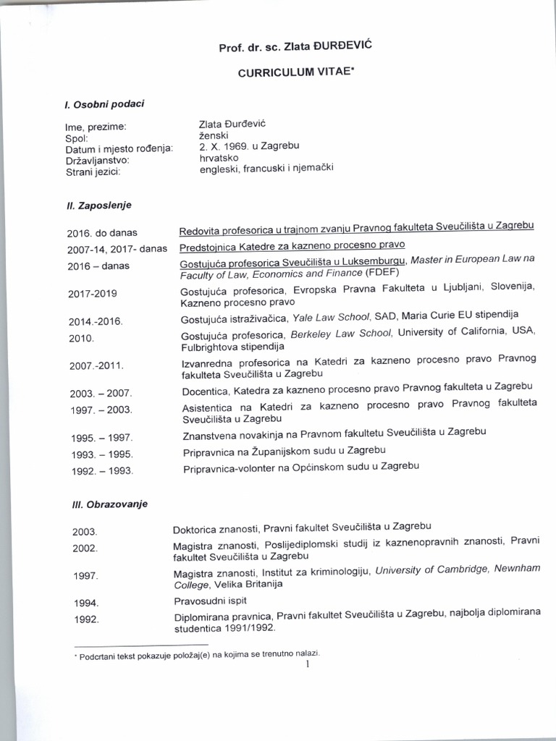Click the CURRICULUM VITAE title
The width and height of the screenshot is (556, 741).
(296, 73)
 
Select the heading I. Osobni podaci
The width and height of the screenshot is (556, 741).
(104, 104)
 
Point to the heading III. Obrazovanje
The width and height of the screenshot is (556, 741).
(106, 504)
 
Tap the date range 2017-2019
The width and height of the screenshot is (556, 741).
(93, 294)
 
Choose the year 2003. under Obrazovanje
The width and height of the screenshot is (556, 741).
(85, 532)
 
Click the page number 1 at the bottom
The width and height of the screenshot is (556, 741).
(308, 664)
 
